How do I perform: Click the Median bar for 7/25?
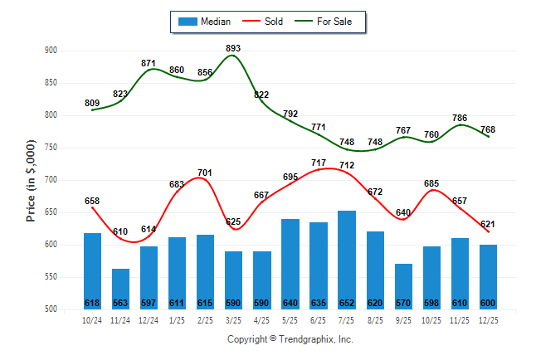pyautogui.click(x=347, y=260)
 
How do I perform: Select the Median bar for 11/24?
pyautogui.click(x=120, y=289)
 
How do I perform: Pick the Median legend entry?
pyautogui.click(x=205, y=22)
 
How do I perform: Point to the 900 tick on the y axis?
pyautogui.click(x=50, y=51)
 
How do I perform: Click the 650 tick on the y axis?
pyautogui.click(x=50, y=212)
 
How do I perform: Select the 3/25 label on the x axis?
pyautogui.click(x=233, y=320)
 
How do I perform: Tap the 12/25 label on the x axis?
pyautogui.click(x=488, y=320)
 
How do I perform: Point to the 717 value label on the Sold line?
pyautogui.click(x=319, y=163)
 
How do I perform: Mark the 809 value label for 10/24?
pyautogui.click(x=92, y=103)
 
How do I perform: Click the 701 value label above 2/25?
pyautogui.click(x=205, y=173)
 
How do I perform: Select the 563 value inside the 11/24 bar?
pyautogui.click(x=120, y=303)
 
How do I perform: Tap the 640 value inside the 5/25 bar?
pyautogui.click(x=290, y=303)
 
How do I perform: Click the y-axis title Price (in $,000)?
pyautogui.click(x=31, y=180)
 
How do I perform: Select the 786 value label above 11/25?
pyautogui.click(x=460, y=118)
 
